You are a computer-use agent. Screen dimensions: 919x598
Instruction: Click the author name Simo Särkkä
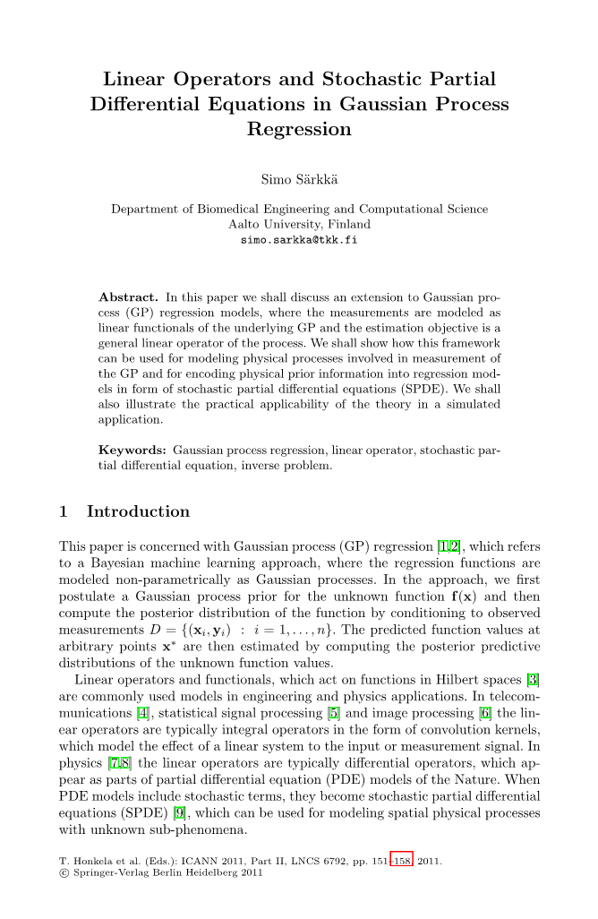pos(299,179)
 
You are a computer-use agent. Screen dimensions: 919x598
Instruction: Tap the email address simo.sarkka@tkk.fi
pos(299,241)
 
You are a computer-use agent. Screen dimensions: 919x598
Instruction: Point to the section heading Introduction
pos(138,511)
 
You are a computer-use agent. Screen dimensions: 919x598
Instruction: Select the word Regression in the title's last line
pos(299,129)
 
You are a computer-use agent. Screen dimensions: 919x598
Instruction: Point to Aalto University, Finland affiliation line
pos(299,225)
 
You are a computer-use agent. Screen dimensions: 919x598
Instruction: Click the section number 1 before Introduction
pos(64,511)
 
